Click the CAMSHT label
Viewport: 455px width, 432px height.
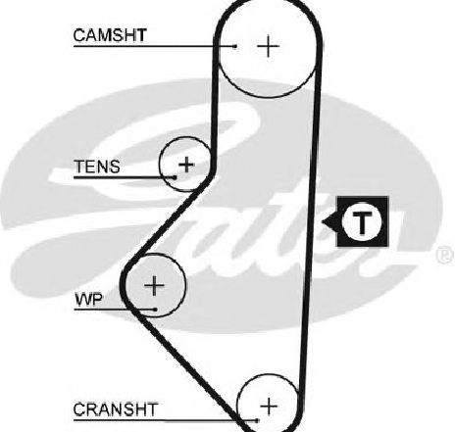coord(110,35)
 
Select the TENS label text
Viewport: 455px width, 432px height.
coord(97,167)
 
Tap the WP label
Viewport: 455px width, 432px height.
coord(88,300)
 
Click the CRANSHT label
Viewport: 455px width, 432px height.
coord(116,409)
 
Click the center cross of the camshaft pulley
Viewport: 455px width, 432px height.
coord(268,46)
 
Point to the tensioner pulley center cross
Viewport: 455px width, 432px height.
coord(186,164)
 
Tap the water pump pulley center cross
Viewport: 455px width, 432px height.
coord(154,286)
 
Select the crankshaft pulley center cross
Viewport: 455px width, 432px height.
coord(269,407)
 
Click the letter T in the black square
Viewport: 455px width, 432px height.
coord(362,222)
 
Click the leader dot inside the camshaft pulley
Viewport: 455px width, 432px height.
coord(234,46)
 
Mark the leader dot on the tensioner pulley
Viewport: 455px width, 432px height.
coord(175,177)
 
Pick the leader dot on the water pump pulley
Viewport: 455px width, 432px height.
coord(156,310)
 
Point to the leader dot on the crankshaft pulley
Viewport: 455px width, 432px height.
coord(258,420)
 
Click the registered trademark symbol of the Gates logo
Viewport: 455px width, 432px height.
coord(444,256)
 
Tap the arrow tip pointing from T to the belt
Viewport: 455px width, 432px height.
coord(323,222)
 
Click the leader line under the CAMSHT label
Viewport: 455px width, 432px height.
coord(154,46)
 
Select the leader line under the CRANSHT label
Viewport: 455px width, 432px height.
coord(166,420)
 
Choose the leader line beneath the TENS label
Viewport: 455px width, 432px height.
coord(125,177)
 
